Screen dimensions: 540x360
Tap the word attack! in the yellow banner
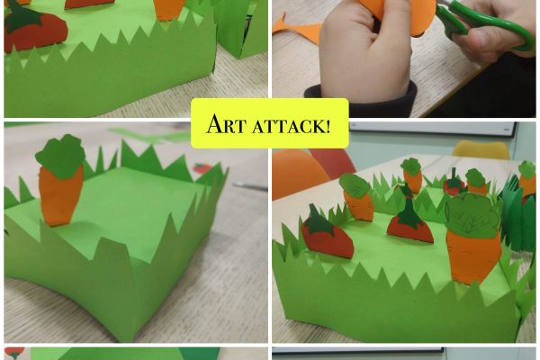tap(292, 126)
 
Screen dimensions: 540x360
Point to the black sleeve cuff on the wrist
tap(361, 97)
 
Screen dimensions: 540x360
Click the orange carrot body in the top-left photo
tap(169, 9)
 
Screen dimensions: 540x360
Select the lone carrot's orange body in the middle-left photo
tap(60, 195)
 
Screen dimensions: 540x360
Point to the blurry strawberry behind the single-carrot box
tap(202, 168)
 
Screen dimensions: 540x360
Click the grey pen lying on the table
tap(250, 187)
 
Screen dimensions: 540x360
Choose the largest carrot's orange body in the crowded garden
tap(473, 255)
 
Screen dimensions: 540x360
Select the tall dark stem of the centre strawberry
tap(408, 207)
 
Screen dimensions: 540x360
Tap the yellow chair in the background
tap(481, 150)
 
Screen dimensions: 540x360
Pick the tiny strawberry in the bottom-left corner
tap(14, 352)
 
